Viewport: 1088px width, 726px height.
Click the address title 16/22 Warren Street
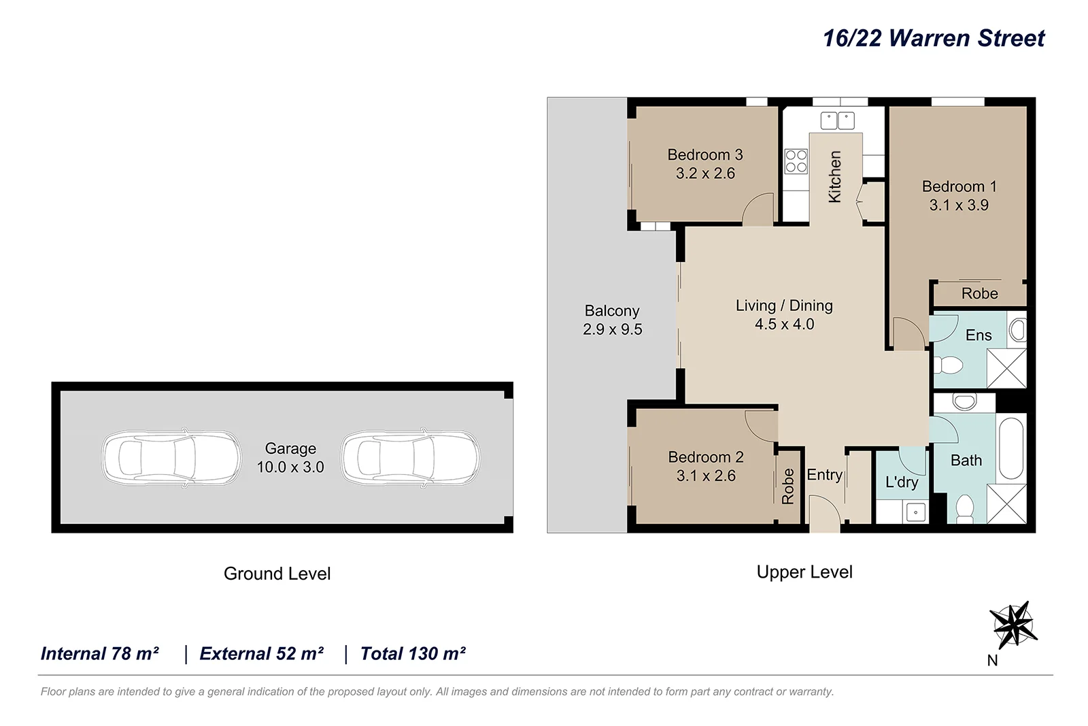tap(933, 38)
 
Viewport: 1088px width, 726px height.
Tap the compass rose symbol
tap(1013, 625)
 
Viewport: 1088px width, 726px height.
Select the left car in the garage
tap(171, 457)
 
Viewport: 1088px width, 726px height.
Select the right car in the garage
tap(411, 457)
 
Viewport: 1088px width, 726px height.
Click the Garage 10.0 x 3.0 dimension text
tap(290, 467)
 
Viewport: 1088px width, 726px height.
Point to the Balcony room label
tap(612, 311)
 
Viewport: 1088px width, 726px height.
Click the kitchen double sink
tap(837, 120)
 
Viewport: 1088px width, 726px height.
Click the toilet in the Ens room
tap(949, 366)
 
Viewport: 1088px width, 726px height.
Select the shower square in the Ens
tap(1006, 368)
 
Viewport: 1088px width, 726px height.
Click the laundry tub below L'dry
tap(915, 512)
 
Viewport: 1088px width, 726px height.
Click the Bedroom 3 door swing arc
tap(758, 209)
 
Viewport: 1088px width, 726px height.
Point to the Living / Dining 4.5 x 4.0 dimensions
tap(784, 325)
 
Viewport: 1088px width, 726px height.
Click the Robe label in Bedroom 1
tap(979, 293)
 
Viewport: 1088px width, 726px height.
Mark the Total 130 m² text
tap(413, 654)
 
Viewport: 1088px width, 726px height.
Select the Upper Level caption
tap(804, 572)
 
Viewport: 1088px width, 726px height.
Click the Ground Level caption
tap(277, 574)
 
